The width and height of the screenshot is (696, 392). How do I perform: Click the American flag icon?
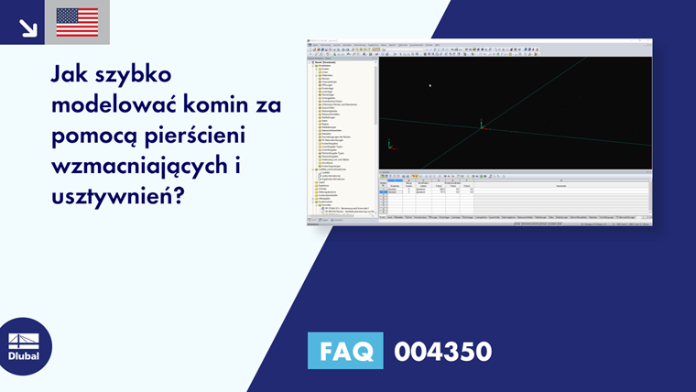click(x=77, y=22)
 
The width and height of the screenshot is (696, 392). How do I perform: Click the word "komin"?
click(x=215, y=106)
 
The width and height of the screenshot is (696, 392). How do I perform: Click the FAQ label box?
click(x=345, y=351)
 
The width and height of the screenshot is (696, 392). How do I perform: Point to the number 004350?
click(x=442, y=351)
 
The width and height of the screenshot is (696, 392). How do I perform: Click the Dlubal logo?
click(x=24, y=346)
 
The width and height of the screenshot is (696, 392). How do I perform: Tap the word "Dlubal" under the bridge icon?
click(x=24, y=357)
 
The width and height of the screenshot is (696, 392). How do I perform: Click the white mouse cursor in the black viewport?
click(x=430, y=86)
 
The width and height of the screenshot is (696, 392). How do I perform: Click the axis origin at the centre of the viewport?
click(x=482, y=126)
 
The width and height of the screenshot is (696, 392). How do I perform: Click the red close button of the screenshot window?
click(x=648, y=41)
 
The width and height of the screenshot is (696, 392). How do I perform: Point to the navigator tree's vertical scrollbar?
click(x=375, y=92)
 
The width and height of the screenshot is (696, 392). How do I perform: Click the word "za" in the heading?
click(x=268, y=106)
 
